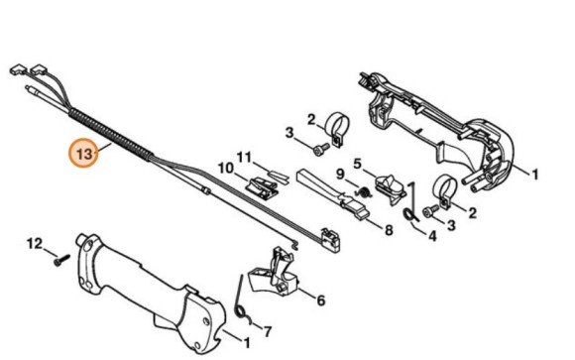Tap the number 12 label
click(35, 243)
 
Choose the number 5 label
click(359, 162)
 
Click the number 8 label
click(390, 230)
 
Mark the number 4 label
click(432, 236)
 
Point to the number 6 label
click(321, 297)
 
